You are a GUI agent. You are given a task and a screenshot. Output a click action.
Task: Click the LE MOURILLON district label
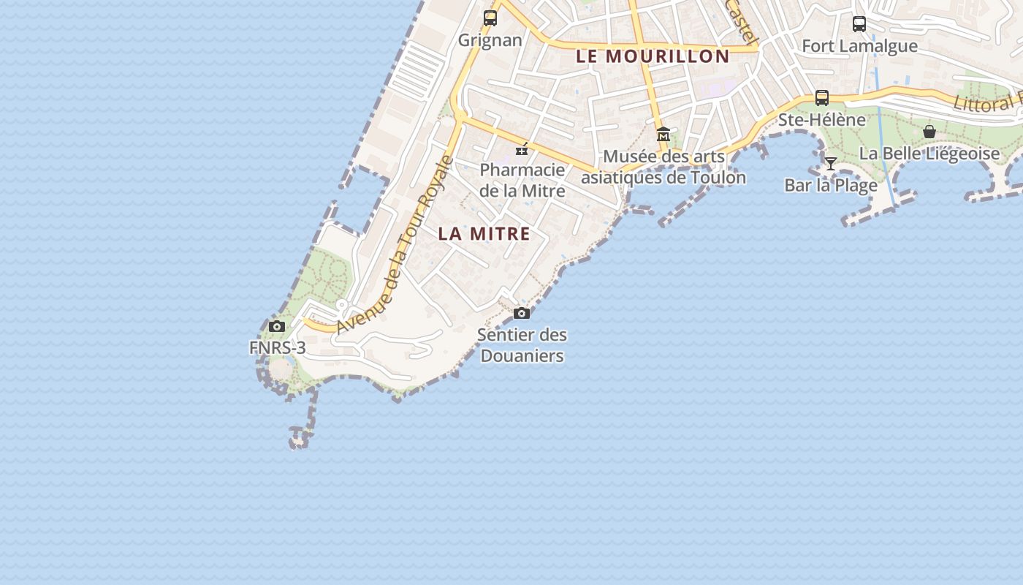coord(653,56)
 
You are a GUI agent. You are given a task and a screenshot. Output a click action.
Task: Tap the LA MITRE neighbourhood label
coord(484,234)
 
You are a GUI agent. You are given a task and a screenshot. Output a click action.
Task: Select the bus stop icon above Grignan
coord(490,18)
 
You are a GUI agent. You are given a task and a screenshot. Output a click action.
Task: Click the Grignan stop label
coord(490,40)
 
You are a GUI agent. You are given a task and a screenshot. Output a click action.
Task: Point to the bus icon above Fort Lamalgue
coord(859,24)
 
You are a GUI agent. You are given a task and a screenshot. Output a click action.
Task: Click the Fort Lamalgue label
coord(859,46)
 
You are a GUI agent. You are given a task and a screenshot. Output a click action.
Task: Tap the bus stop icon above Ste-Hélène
coord(822,98)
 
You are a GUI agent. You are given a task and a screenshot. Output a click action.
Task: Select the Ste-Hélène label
coord(822,120)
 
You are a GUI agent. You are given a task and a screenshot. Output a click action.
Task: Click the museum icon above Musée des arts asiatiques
coord(663,135)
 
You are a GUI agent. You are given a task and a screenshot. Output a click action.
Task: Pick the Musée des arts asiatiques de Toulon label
coord(663,167)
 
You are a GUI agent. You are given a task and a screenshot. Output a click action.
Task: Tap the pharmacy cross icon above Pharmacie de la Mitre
coord(522,149)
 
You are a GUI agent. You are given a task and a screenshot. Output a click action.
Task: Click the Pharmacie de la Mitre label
coord(522,181)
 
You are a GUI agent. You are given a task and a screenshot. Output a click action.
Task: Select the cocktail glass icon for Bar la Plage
coord(831,163)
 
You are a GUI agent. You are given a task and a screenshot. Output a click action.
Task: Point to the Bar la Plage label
coord(831,186)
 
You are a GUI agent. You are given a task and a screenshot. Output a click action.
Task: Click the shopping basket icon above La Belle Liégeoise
coord(929,132)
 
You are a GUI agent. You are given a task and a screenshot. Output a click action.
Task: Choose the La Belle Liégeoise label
coord(929,154)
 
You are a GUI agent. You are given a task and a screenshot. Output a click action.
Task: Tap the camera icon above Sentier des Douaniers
coord(522,314)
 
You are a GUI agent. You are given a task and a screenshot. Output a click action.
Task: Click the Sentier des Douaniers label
coord(522,346)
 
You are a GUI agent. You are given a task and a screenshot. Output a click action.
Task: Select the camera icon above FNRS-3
coord(277,327)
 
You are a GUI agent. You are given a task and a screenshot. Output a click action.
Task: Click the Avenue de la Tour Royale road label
coord(395,245)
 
